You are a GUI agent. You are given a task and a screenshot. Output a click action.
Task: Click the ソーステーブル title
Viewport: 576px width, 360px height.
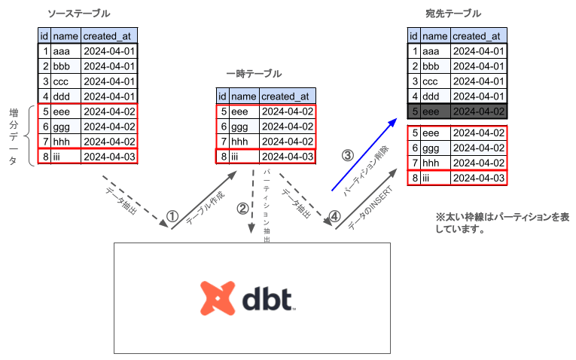click(78, 14)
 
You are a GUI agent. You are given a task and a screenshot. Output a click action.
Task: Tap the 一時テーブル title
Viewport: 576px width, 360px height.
click(254, 74)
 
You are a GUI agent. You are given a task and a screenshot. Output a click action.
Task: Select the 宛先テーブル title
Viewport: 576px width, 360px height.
click(453, 14)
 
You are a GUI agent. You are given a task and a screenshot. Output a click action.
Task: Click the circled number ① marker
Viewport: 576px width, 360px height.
click(172, 215)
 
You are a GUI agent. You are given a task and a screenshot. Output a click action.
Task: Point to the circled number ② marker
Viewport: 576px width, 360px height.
click(242, 209)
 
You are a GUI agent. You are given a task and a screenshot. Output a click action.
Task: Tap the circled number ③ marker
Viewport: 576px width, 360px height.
click(347, 156)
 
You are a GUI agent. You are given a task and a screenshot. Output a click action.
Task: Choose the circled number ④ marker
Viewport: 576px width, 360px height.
click(335, 215)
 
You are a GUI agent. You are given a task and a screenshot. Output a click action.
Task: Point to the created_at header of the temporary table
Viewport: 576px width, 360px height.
click(287, 96)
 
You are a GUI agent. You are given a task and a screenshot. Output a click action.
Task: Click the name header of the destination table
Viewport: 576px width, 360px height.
click(435, 36)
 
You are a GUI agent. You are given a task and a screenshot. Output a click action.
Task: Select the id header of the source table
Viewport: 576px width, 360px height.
click(45, 36)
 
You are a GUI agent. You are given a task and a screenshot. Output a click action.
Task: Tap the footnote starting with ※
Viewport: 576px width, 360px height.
click(501, 223)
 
